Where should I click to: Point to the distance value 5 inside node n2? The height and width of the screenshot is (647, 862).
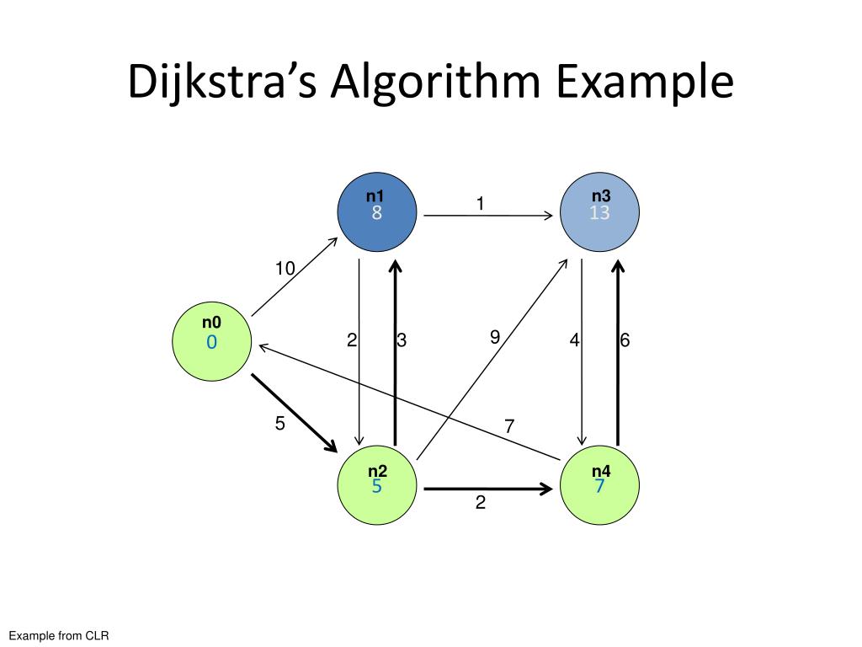[x=376, y=486]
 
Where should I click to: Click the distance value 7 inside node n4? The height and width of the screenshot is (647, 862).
[x=600, y=486]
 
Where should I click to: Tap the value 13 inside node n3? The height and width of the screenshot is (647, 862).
[x=599, y=213]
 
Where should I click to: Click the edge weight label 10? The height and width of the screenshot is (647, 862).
[x=285, y=269]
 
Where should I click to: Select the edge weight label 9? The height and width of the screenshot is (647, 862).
[x=495, y=337]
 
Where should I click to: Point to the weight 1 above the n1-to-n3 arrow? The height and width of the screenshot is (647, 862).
[x=480, y=203]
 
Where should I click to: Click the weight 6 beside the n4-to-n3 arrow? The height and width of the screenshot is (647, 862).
[x=625, y=340]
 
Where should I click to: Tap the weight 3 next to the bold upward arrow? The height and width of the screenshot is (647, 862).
[x=402, y=340]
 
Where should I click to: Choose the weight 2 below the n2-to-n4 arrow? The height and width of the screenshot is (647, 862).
[x=481, y=503]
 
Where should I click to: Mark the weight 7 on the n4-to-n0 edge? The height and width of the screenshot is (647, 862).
[x=509, y=426]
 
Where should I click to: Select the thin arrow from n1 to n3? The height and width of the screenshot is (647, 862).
[x=488, y=216]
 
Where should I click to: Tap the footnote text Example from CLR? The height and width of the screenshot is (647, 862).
[x=60, y=635]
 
